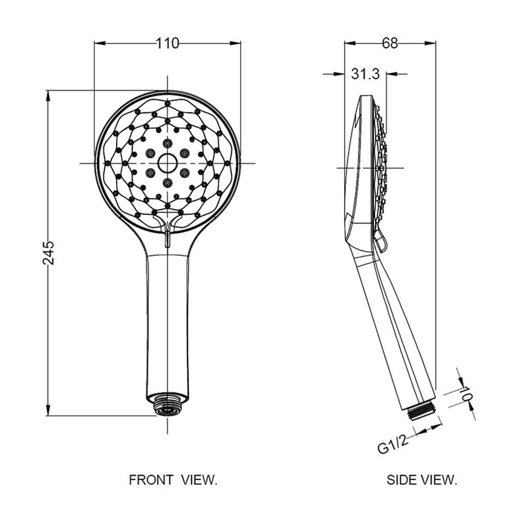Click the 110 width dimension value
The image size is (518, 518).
pos(167,44)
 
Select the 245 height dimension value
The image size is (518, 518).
pos(49,253)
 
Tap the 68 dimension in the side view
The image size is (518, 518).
pos(390,43)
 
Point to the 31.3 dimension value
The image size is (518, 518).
pos(365,74)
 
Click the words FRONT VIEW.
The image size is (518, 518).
pos(173,480)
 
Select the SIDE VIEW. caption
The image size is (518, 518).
pos(422,480)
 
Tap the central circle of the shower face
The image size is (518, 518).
pos(167,163)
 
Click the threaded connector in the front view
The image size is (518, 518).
pos(167,406)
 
